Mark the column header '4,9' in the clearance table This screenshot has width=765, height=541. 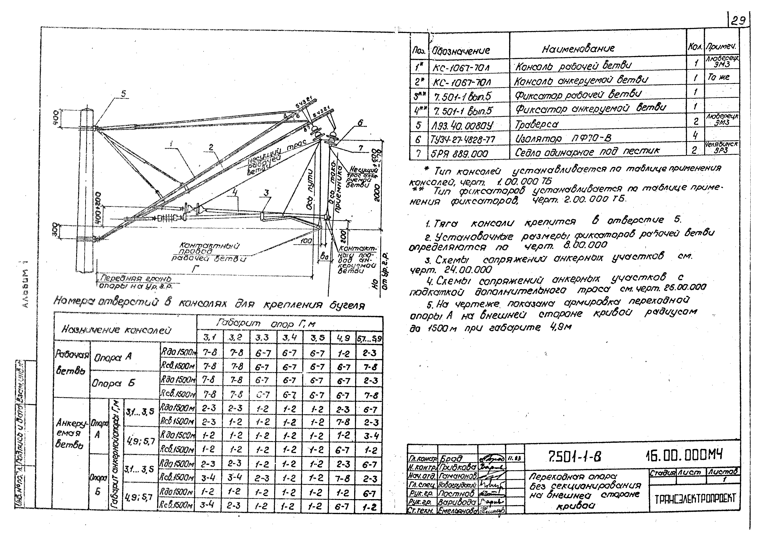click(343, 338)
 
